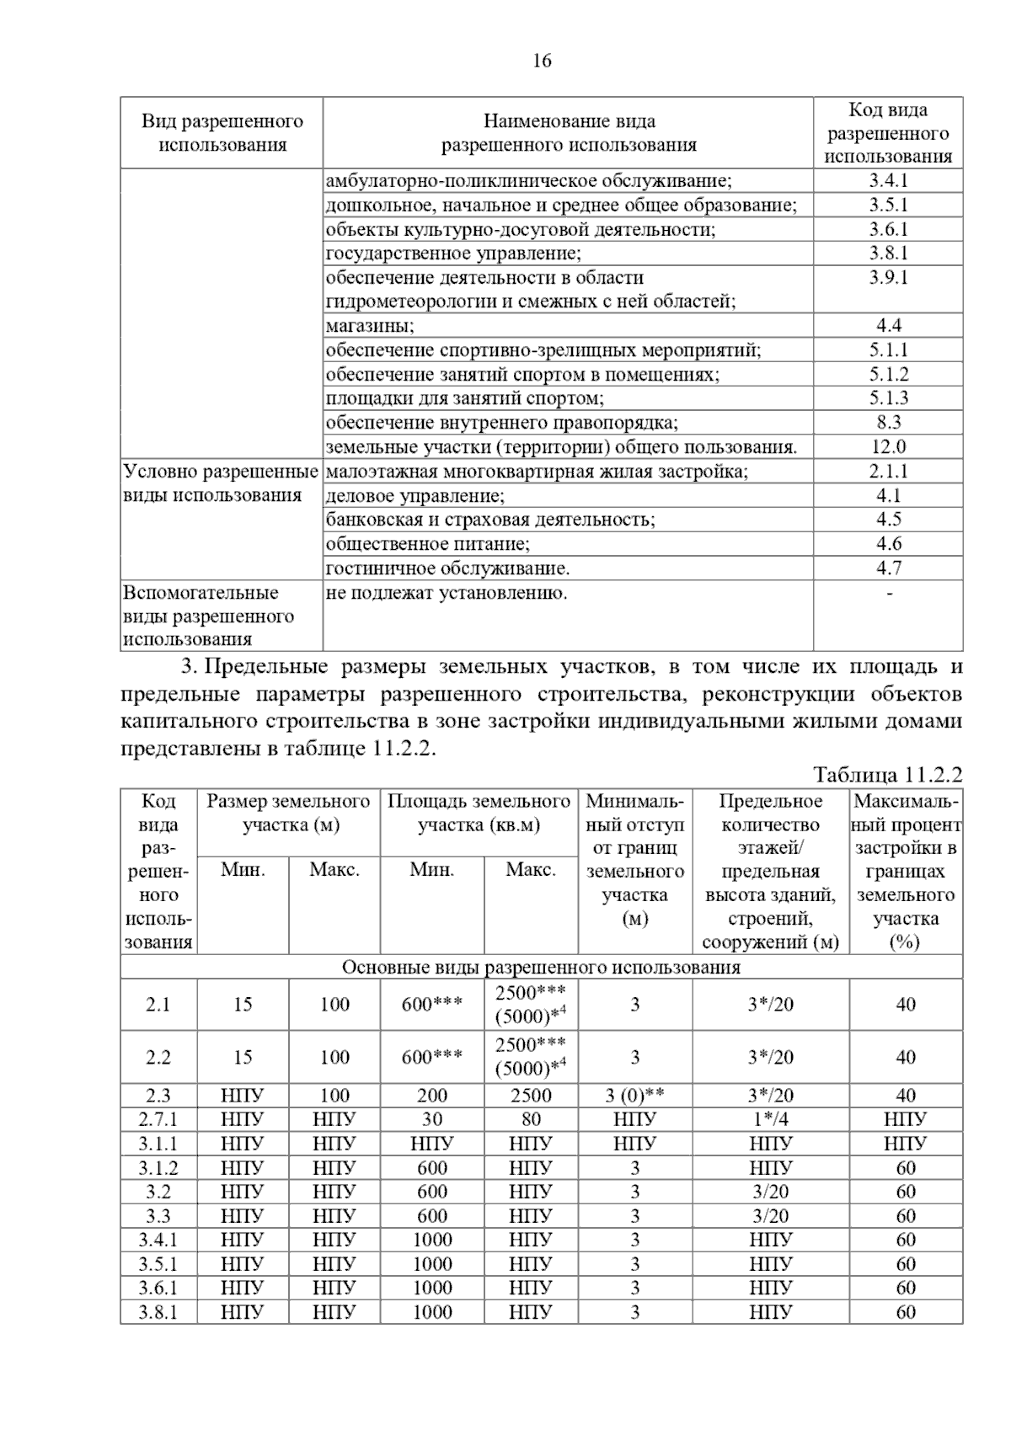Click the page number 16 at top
542,61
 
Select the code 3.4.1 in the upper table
888,180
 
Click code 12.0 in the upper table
888,446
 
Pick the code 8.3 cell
888,422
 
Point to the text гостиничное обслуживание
447,568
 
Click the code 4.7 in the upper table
888,568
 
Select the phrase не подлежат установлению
447,593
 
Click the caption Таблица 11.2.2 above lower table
887,775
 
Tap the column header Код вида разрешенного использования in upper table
888,133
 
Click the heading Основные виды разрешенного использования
541,967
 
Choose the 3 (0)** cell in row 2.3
635,1096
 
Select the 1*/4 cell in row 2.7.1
770,1119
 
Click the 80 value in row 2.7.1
531,1119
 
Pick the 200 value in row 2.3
431,1096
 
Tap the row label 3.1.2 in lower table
158,1168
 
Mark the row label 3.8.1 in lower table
158,1312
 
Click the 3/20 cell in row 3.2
770,1192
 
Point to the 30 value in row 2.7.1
431,1119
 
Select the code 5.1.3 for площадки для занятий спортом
888,398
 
